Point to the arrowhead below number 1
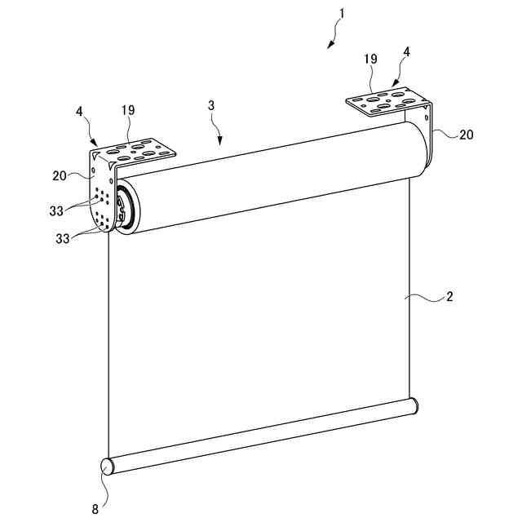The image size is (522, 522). pos(330,45)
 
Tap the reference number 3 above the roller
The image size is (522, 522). pos(211,106)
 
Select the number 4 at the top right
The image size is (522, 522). pos(406,51)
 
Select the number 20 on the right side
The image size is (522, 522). pos(465,135)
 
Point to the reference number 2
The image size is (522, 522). pos(449,297)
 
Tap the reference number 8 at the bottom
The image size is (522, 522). pos(95,509)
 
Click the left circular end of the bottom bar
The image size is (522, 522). pos(108,467)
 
